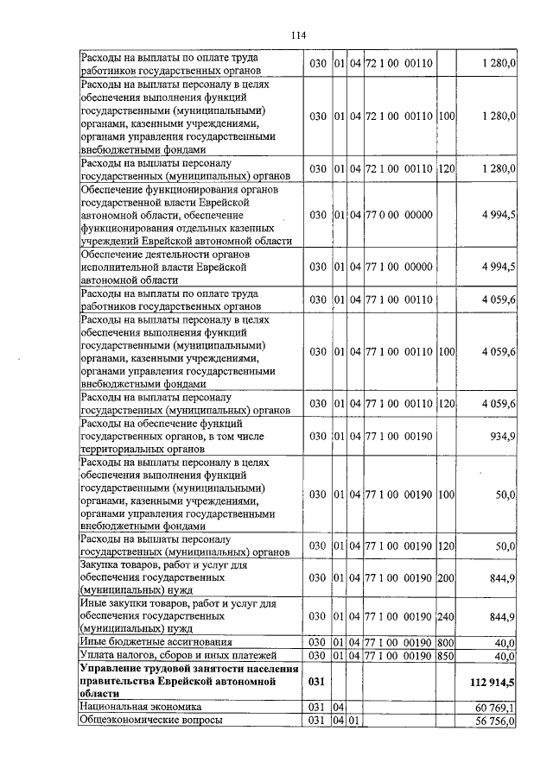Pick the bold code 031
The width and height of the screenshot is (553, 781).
point(317,681)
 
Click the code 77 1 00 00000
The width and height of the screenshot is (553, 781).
point(398,268)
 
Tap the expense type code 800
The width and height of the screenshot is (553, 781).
point(447,642)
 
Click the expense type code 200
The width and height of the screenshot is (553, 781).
point(447,576)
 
